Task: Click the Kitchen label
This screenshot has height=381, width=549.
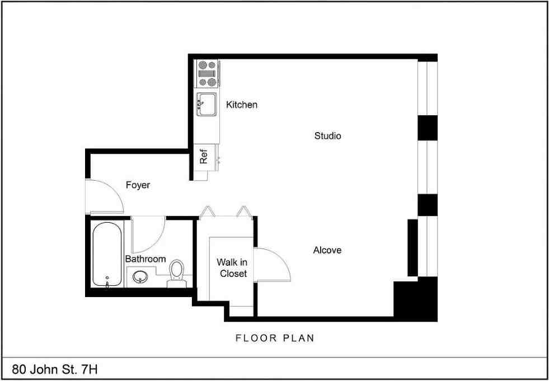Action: [242, 105]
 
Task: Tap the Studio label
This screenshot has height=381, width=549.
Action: [328, 136]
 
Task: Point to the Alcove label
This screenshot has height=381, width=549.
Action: [327, 251]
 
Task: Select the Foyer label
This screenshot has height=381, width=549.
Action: [138, 185]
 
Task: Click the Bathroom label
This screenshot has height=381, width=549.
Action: [146, 259]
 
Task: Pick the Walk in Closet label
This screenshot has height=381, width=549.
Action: [233, 268]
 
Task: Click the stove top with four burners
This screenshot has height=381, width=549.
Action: [207, 73]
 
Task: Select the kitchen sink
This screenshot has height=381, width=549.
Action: [207, 104]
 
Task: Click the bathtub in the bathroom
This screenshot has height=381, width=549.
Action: [107, 254]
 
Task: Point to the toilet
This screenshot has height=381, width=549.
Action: [176, 274]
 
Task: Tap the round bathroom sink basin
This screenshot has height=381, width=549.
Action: [140, 277]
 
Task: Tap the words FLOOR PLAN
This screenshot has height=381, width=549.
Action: [275, 338]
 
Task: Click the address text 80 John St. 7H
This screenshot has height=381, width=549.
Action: [55, 369]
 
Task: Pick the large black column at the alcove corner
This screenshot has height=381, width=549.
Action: [416, 299]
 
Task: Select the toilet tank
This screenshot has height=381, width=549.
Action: [176, 284]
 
